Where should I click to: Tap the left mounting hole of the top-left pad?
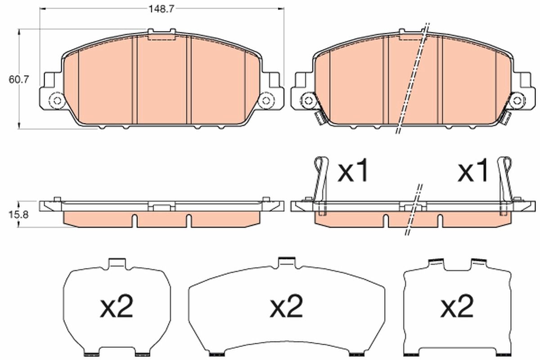(x=57, y=100)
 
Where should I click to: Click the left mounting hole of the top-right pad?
(x=308, y=100)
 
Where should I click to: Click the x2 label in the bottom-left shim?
(x=117, y=307)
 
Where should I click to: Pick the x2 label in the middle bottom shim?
(x=287, y=307)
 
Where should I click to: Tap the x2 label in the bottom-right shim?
(x=457, y=307)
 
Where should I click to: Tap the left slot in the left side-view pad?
(x=135, y=220)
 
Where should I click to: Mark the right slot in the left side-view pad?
(x=189, y=220)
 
